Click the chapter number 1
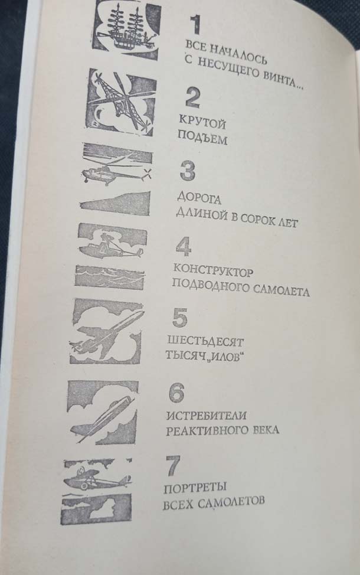(196, 25)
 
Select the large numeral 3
(188, 171)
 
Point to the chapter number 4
(184, 246)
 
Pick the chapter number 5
(179, 318)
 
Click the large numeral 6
(176, 393)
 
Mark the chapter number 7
(172, 465)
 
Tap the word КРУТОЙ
(202, 122)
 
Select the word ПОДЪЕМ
(202, 138)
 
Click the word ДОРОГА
(199, 198)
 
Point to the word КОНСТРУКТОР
(213, 272)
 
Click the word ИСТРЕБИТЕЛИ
(206, 416)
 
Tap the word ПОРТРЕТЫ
(195, 488)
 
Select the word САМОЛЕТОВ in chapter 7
(231, 502)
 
